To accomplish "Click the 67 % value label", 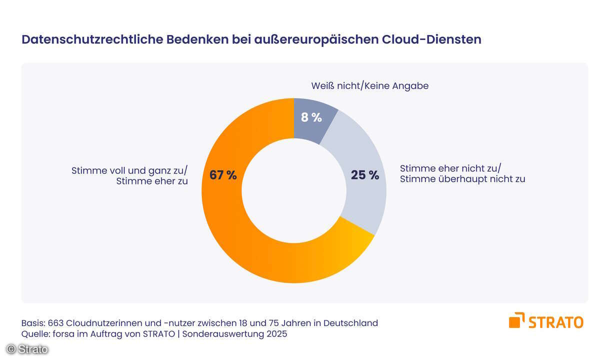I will point(223,175).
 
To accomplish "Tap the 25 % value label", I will point(365,175).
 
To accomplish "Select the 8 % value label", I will point(311,118).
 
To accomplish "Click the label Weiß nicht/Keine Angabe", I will point(369,86).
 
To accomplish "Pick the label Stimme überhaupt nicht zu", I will point(462,179).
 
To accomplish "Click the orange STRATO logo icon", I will point(517,320).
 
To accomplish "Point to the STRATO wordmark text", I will point(556,321).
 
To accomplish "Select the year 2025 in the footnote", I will point(276,334).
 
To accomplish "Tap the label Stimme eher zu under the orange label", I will point(152,181).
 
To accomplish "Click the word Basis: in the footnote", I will point(33,323).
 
